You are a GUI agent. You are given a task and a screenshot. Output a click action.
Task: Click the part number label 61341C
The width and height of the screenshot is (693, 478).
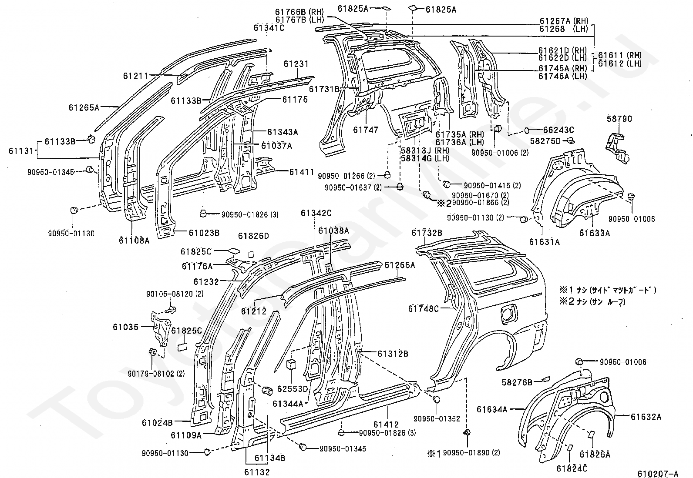pos(269,27)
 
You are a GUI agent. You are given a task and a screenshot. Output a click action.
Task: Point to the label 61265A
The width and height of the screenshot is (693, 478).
pos(84,107)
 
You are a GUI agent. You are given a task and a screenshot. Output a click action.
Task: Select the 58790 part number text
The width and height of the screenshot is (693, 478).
pos(619,119)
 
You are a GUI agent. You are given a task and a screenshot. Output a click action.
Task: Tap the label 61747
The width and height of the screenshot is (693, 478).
pos(366,130)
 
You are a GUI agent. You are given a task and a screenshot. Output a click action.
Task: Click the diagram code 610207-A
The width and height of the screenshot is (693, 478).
pos(658,473)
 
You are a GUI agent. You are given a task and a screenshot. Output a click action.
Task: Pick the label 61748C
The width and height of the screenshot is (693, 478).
pos(423,308)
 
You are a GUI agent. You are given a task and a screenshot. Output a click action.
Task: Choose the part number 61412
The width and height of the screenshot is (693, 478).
pos(386,425)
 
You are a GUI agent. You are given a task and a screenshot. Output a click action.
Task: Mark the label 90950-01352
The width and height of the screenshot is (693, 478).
pos(437,419)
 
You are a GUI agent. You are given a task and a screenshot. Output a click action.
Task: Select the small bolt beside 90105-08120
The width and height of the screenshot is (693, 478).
pos(171,309)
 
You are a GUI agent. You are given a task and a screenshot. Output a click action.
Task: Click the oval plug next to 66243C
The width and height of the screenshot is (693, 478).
pos(527,130)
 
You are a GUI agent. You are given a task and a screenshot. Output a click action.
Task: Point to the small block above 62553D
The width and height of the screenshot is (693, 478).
pos(291,364)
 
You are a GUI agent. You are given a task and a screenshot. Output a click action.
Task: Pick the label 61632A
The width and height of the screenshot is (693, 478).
pos(646,417)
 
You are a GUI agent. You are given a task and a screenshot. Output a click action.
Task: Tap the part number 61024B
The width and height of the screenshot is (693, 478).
pos(157,422)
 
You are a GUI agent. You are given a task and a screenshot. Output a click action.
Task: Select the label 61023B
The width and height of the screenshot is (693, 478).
pos(204,233)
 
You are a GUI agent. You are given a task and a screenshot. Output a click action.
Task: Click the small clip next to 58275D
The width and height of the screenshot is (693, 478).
pos(571,141)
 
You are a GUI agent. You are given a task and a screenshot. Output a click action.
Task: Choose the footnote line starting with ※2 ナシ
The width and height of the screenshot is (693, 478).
pos(592,301)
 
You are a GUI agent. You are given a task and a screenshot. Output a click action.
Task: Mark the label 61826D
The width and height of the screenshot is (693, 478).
pos(253,236)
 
